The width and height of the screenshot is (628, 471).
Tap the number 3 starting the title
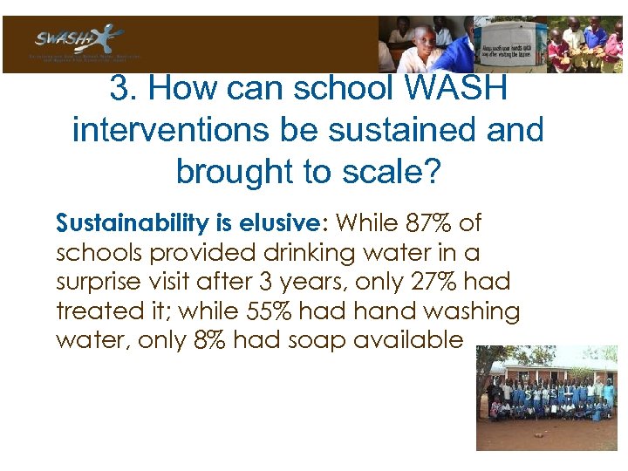(x=119, y=88)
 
